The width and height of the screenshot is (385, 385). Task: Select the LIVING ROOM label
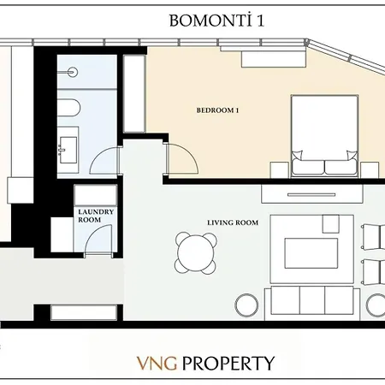(x=232, y=222)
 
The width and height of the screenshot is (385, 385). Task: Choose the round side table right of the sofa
(x=376, y=303)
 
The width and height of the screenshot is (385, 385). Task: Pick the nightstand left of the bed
(x=279, y=169)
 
